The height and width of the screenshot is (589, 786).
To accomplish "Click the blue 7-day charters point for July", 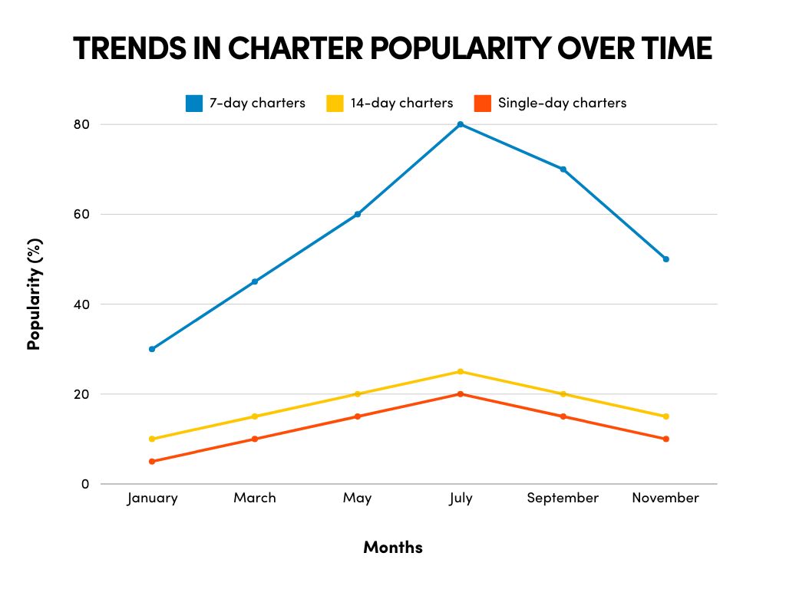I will click(x=461, y=124).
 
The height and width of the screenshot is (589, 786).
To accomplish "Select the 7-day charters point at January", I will click(x=152, y=349).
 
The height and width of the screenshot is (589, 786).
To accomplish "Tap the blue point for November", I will click(x=665, y=259).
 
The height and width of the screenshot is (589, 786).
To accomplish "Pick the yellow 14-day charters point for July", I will click(x=461, y=372).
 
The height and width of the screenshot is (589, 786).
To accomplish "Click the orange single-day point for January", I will click(x=152, y=462).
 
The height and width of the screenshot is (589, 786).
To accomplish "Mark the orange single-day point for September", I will click(x=563, y=416).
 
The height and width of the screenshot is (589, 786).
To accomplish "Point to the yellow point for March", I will click(x=255, y=416).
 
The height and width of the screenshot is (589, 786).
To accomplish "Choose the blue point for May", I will click(x=358, y=214).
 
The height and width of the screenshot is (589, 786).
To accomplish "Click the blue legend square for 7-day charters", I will click(x=194, y=103).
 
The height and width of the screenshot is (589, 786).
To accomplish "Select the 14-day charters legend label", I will click(x=401, y=103).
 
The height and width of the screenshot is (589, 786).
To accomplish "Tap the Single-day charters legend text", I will click(x=562, y=103).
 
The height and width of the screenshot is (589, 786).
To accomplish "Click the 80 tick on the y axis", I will click(x=82, y=124).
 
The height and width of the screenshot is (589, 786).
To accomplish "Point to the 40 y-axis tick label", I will click(x=82, y=304).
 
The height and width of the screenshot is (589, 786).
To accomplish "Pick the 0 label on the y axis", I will click(x=85, y=484).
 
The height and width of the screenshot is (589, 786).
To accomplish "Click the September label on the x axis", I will click(x=563, y=499).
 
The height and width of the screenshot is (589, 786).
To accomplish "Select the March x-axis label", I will click(x=255, y=499).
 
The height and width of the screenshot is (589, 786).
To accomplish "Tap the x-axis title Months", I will click(x=392, y=548).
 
